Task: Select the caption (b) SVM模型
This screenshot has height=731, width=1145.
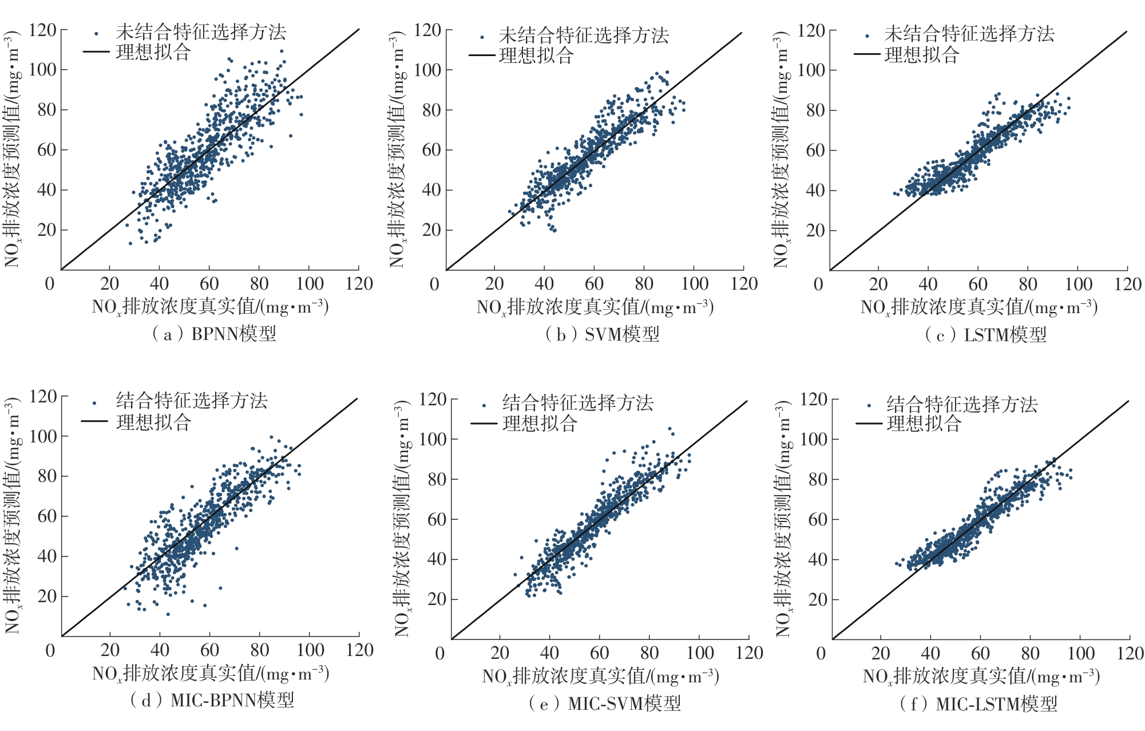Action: tap(602, 334)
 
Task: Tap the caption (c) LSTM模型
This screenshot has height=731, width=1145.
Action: tap(986, 335)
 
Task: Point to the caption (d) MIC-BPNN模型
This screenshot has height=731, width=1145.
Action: tap(212, 700)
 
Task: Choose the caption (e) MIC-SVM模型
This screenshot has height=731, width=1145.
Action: tap(605, 703)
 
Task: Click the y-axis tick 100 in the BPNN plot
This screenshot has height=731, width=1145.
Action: tap(43, 70)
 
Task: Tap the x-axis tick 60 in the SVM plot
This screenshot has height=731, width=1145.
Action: tap(594, 284)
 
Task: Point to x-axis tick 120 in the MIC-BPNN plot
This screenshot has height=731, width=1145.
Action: tap(359, 650)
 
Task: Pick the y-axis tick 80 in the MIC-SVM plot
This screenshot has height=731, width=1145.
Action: tap(437, 480)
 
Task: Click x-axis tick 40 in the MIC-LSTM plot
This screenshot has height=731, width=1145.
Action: tap(930, 653)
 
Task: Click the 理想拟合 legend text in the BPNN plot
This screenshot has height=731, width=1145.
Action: tap(153, 53)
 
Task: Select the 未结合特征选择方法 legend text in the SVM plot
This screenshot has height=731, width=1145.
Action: tap(584, 36)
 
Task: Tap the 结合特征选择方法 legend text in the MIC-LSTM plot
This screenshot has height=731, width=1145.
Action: tap(962, 405)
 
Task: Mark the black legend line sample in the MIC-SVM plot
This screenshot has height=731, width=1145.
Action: tap(484, 424)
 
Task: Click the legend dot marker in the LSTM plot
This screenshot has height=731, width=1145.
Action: tap(867, 36)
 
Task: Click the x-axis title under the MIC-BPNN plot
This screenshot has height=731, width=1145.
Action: tap(211, 674)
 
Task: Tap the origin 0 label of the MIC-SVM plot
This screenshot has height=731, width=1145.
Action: tap(439, 654)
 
